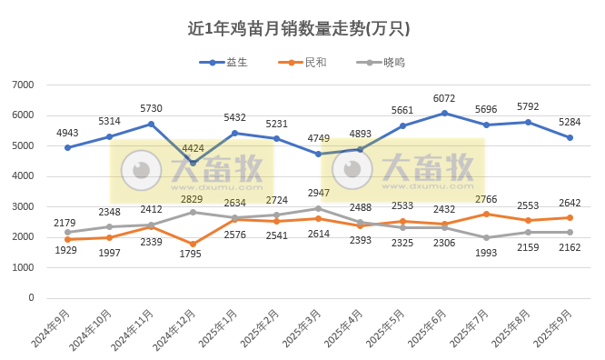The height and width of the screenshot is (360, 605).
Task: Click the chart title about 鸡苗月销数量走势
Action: pyautogui.click(x=299, y=28)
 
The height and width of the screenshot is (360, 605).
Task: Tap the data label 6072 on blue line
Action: pyautogui.click(x=444, y=98)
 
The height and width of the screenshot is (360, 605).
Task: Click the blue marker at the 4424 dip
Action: pyautogui.click(x=193, y=164)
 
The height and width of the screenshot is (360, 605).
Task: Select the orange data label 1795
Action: pyautogui.click(x=193, y=258)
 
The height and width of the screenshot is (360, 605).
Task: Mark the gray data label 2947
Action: pyautogui.click(x=318, y=193)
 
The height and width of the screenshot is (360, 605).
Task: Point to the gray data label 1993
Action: pyautogui.click(x=486, y=253)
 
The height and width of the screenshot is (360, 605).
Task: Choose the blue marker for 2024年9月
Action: pyautogui.click(x=67, y=147)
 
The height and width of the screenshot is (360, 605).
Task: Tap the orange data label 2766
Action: pyautogui.click(x=486, y=198)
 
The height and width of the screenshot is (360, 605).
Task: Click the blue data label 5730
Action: pyautogui.click(x=151, y=108)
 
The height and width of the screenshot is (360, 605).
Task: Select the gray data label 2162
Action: pyautogui.click(x=570, y=247)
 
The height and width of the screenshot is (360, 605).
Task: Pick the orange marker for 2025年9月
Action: pyautogui.click(x=570, y=217)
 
